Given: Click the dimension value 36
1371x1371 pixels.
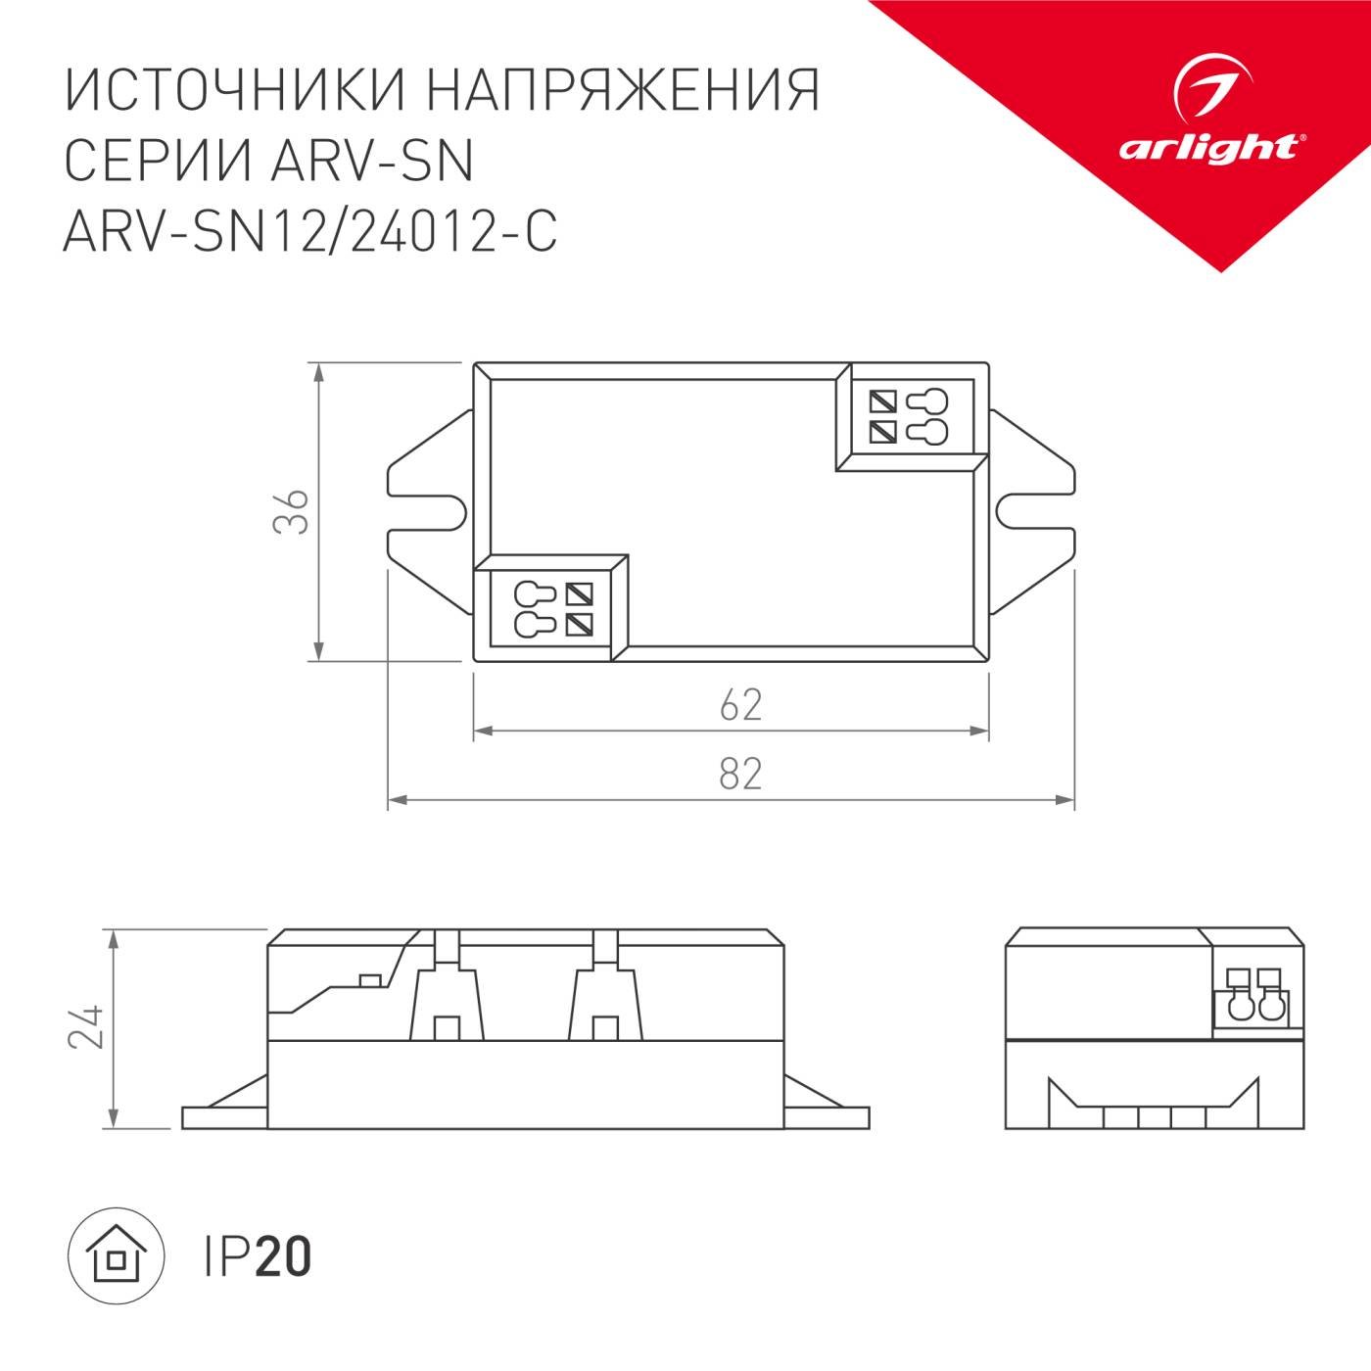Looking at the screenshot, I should (x=291, y=510).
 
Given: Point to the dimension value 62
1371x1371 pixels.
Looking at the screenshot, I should (x=740, y=705).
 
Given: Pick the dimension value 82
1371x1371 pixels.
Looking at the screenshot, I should (x=740, y=775).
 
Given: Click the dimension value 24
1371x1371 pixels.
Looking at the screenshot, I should (x=86, y=1026).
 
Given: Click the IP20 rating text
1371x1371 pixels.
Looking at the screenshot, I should (x=257, y=1256).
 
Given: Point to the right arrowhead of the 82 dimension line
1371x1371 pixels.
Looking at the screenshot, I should (x=1066, y=801).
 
